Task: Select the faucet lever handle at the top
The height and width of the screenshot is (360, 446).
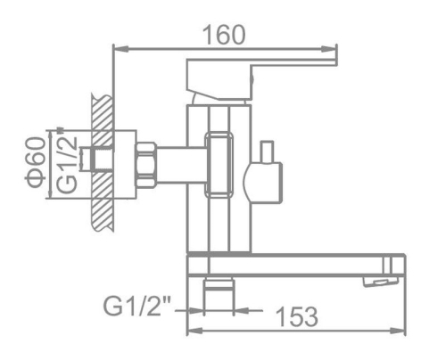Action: (x=259, y=71)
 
